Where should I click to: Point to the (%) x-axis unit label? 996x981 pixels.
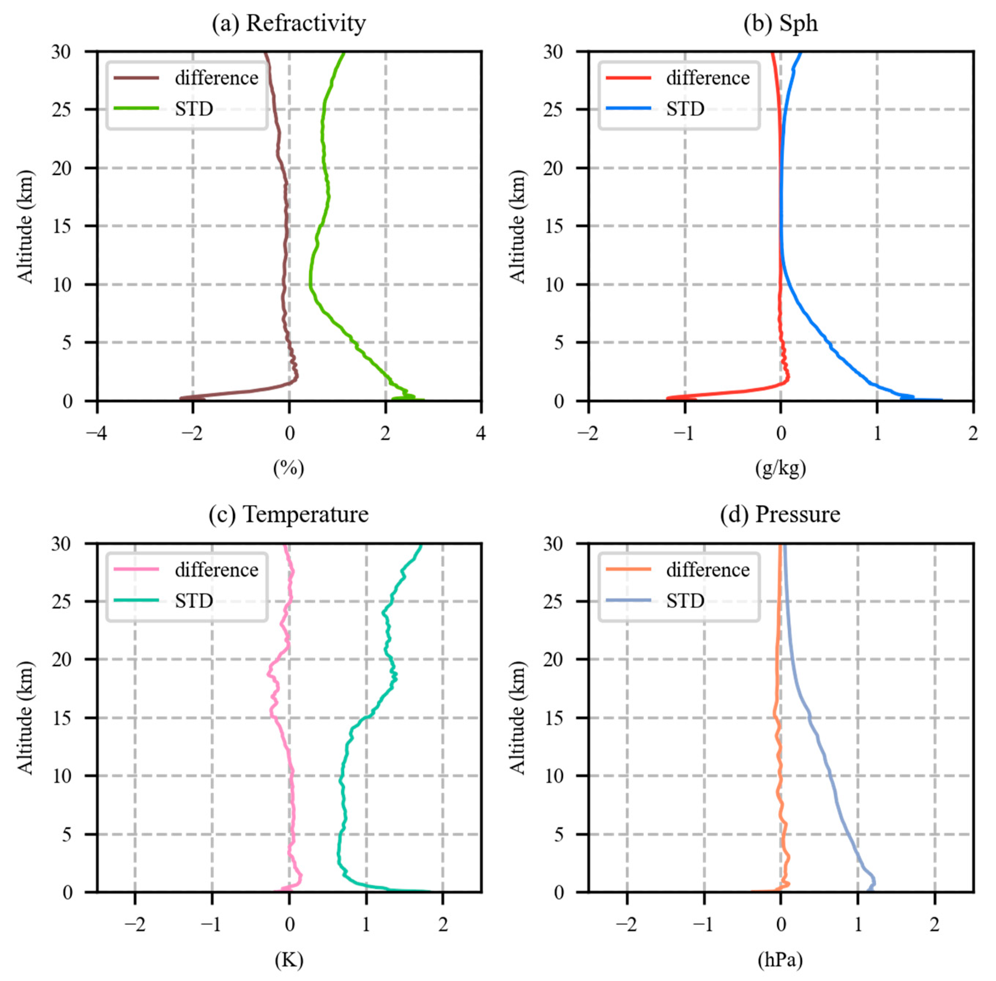pos(289,468)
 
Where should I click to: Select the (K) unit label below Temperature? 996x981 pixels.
pos(289,959)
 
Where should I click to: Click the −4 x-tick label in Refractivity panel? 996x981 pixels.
pos(96,433)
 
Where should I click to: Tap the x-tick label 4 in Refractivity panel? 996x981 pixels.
pos(481,433)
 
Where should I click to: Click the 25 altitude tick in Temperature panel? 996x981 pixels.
pos(62,601)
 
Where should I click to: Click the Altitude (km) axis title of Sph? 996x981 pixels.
pos(517,226)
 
